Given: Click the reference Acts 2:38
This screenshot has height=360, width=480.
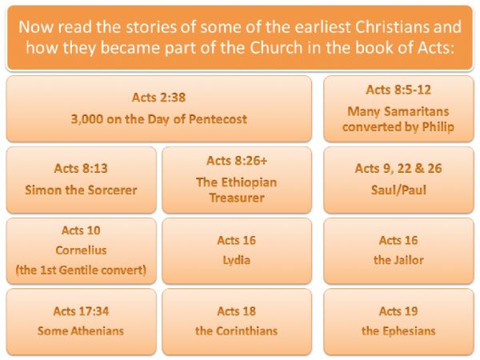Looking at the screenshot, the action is [x=159, y=98].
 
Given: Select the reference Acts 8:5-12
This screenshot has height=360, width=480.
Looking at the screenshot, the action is [x=398, y=90].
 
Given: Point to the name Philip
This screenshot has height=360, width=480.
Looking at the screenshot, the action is [x=438, y=126].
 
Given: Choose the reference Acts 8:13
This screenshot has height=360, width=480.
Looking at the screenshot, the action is [x=81, y=168].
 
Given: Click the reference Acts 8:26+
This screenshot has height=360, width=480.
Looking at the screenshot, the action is [x=237, y=161].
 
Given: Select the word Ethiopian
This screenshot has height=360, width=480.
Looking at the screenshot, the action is [x=249, y=182].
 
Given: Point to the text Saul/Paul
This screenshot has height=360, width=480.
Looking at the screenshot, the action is [x=398, y=190].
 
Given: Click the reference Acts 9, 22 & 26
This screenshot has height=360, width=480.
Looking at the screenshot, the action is [x=398, y=168].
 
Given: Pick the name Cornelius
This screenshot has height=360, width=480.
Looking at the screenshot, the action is [x=81, y=250].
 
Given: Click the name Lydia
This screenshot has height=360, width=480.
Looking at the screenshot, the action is [x=236, y=260].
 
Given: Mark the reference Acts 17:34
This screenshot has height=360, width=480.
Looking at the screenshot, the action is [x=81, y=311].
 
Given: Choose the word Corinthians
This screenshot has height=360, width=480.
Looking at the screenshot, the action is [x=246, y=331].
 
